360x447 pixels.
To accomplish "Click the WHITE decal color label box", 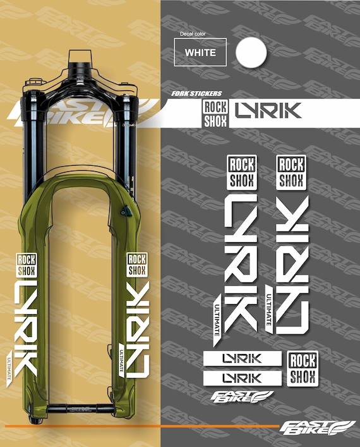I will [x=200, y=52].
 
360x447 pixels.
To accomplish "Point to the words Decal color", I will [x=193, y=34].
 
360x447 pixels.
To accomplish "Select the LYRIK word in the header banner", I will [x=268, y=112].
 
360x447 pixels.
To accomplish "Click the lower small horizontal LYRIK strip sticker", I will [x=241, y=378].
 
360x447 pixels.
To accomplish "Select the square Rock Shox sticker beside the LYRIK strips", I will [x=302, y=368].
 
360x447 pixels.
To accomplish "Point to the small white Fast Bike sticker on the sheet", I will [x=232, y=398].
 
